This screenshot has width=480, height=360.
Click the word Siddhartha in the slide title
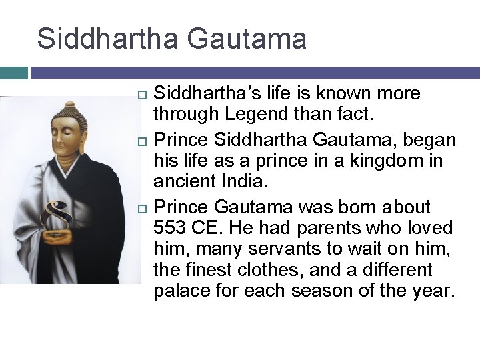(107, 39)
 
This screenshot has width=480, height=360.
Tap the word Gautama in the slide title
(247, 39)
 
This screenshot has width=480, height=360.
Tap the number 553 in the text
(169, 228)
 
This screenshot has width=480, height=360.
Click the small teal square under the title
(14, 73)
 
